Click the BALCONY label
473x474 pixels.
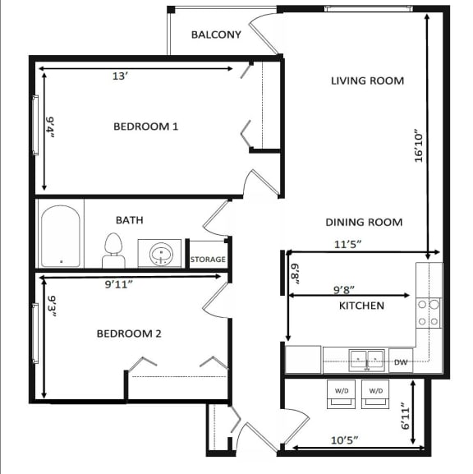[x=216, y=35]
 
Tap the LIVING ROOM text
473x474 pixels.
[x=367, y=81]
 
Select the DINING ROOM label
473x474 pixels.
[x=364, y=222]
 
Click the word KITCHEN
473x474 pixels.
[x=361, y=306]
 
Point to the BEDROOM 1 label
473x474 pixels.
[x=145, y=127]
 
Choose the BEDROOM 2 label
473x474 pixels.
[x=128, y=334]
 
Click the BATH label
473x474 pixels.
[x=129, y=220]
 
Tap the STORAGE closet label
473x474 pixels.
[x=208, y=260]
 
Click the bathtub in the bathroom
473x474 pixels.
[x=61, y=237]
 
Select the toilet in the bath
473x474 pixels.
[x=113, y=250]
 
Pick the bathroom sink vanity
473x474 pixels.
[x=161, y=253]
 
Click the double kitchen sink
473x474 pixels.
[x=367, y=359]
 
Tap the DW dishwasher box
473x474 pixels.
[x=401, y=361]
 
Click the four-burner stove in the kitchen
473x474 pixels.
[x=429, y=312]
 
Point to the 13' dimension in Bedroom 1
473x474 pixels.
[x=120, y=76]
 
